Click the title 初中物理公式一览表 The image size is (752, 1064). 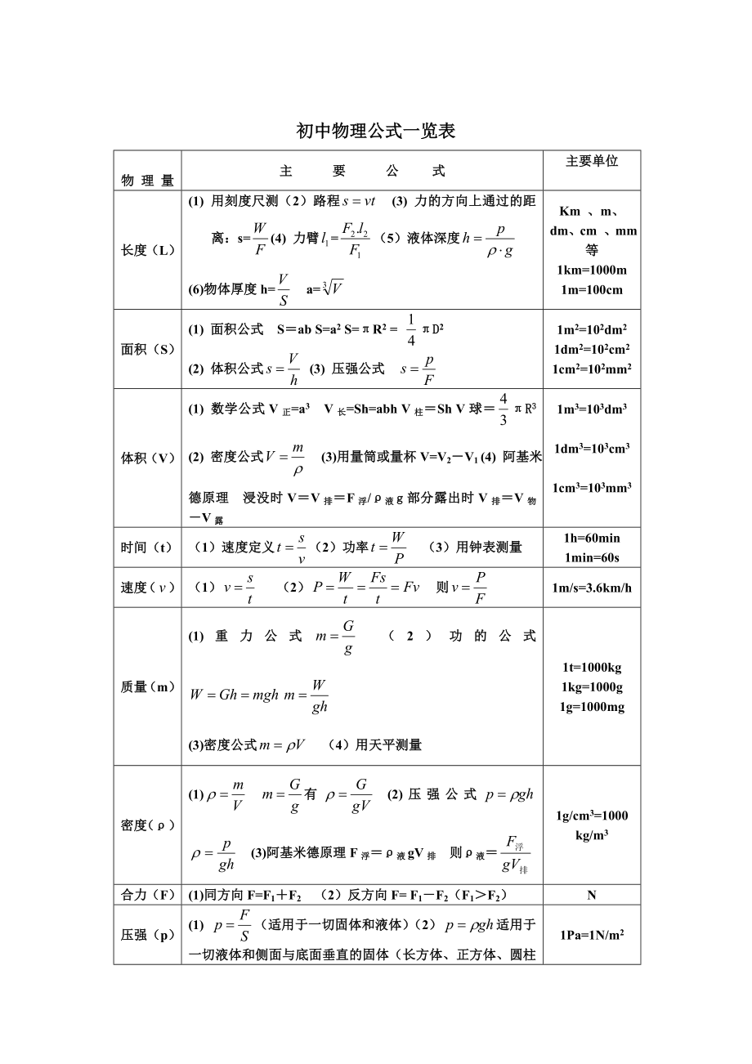[375, 131]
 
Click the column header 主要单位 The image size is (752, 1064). [592, 161]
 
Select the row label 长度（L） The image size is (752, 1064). [148, 250]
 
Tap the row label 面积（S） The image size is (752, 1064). [148, 349]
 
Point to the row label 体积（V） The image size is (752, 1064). [148, 458]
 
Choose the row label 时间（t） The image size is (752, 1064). [148, 548]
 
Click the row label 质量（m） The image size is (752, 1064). [148, 687]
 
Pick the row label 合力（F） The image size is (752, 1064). [148, 895]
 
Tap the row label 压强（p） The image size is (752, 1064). [148, 935]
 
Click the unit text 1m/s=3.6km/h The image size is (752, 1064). [592, 588]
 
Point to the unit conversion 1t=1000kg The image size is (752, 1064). [592, 667]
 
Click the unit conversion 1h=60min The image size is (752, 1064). [592, 538]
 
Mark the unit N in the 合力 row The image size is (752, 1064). [592, 895]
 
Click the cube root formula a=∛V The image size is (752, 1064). [325, 288]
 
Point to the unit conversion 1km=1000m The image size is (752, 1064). [592, 270]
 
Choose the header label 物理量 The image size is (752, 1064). [148, 181]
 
